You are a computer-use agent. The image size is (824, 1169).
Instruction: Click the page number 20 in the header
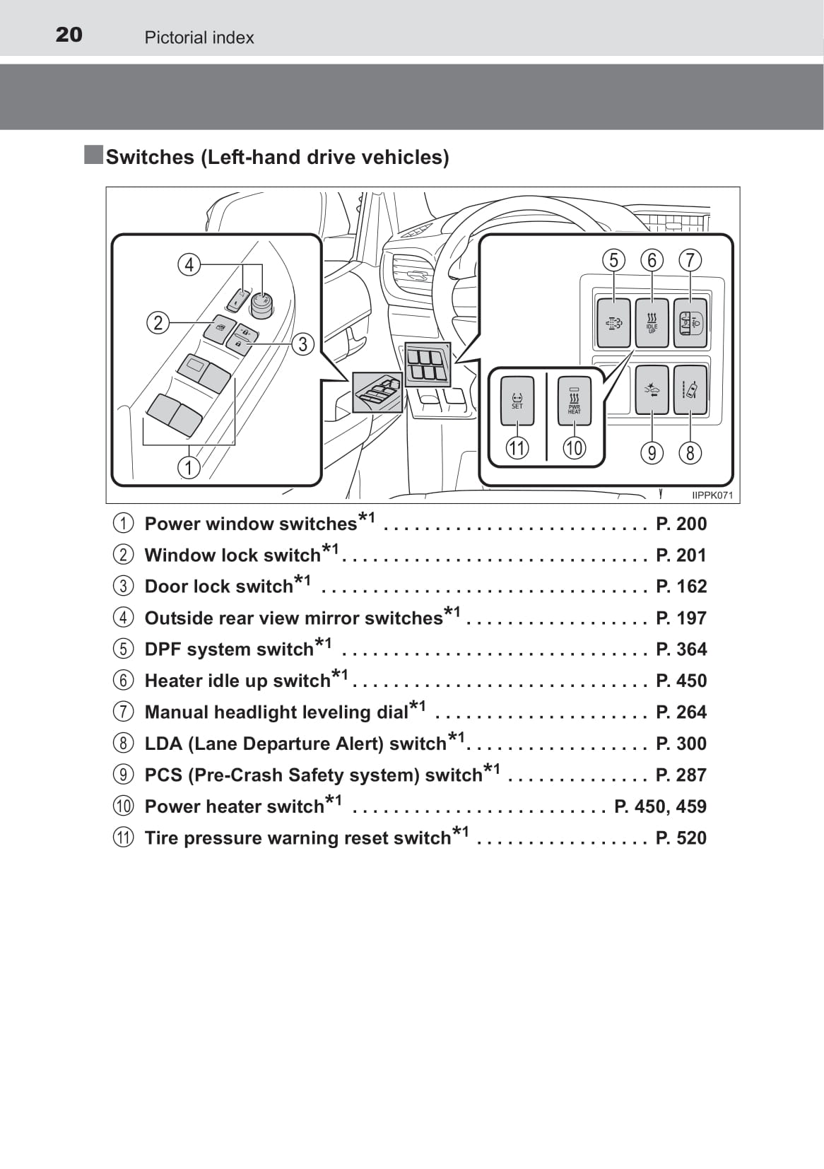pos(69,35)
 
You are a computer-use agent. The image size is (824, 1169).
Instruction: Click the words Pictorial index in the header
pos(199,37)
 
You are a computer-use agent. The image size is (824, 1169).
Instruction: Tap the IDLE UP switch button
pos(652,323)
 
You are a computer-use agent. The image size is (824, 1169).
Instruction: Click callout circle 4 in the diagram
pos(189,264)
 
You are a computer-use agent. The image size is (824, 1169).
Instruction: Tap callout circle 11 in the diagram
pos(517,448)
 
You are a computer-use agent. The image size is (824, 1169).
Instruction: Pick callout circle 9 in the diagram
pos(652,452)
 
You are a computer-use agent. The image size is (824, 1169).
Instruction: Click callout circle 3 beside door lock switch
pos(302,344)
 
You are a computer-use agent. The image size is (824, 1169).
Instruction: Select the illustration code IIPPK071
pos(712,495)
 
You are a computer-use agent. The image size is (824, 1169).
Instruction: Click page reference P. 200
pos(681,524)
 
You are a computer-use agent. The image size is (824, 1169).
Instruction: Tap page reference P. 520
pos(681,838)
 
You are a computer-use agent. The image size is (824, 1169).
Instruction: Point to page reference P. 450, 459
pos(661,806)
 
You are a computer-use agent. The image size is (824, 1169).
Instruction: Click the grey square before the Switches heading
pos(93,155)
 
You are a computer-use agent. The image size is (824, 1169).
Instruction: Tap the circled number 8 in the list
pos(123,743)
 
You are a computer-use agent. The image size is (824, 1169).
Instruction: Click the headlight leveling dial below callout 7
pos(690,323)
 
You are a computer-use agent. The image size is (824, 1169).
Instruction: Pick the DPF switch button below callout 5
pos(613,323)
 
